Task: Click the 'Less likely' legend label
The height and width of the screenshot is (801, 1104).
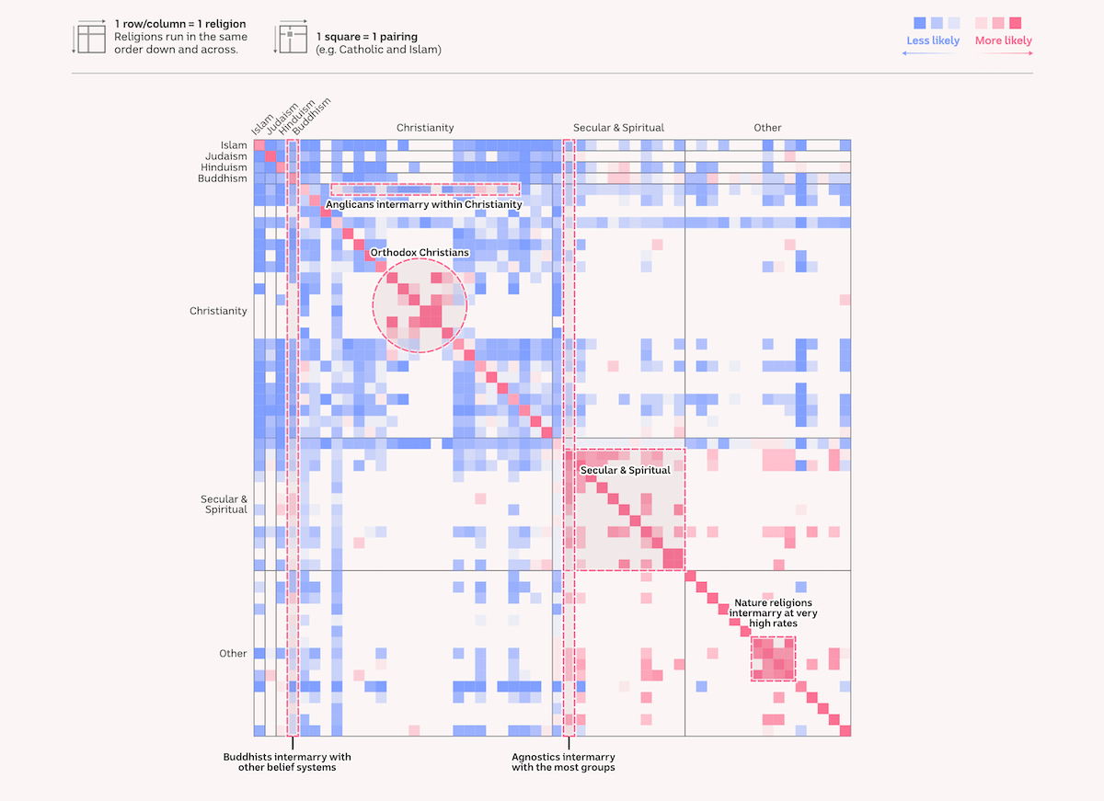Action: pos(933,40)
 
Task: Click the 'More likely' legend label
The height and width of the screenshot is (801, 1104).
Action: pos(1003,40)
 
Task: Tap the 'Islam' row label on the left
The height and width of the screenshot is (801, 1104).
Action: pos(234,145)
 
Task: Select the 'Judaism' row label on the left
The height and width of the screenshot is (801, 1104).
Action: pos(225,156)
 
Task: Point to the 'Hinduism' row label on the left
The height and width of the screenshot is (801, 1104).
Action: pos(224,167)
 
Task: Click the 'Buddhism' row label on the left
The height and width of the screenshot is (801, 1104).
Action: pos(223,178)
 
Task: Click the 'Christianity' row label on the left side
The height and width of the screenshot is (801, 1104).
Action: pos(218,311)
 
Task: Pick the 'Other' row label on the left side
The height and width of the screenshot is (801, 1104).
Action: pos(233,654)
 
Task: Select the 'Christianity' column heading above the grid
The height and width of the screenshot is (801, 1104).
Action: pos(425,128)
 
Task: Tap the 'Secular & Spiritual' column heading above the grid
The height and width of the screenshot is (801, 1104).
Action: pos(618,128)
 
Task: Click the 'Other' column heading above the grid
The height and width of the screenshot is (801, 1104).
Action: pos(767,128)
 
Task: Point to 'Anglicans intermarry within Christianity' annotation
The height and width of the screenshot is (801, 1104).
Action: pos(424,204)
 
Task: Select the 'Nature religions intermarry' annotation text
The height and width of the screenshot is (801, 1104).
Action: pos(773,612)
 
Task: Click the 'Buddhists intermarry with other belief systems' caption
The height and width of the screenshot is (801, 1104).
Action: pos(287,762)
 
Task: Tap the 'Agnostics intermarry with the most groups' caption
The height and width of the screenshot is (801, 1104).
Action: pos(563,762)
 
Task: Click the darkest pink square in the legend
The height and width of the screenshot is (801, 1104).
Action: pos(1016,22)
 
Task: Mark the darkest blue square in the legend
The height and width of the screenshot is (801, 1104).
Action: pos(918,22)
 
